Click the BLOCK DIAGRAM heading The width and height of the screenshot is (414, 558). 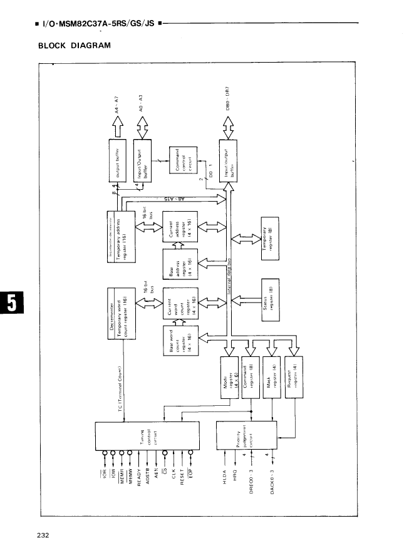(75, 45)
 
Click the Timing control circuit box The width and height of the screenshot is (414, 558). (147, 436)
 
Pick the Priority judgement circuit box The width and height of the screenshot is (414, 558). (247, 436)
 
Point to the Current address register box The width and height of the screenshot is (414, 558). (180, 227)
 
